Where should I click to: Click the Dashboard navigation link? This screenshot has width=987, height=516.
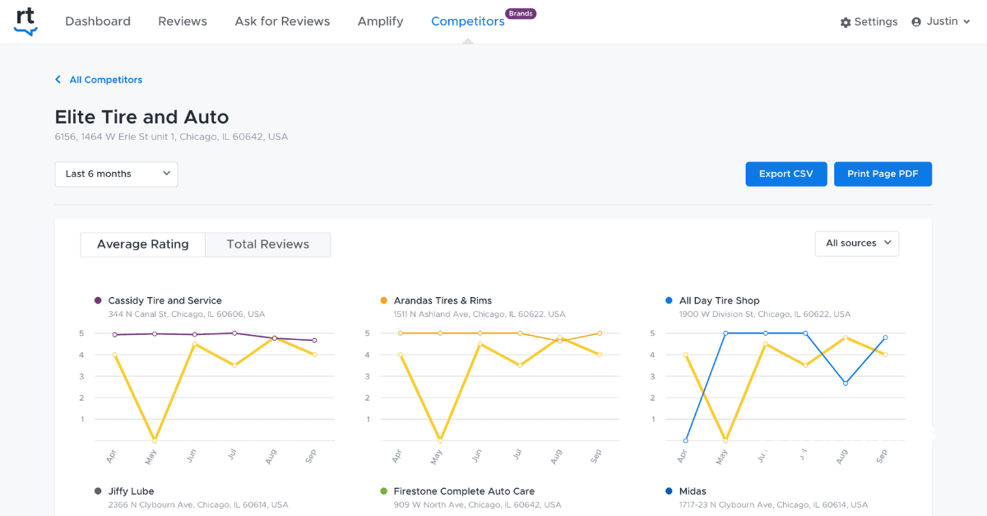(98, 21)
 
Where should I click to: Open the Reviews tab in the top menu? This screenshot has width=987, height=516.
(183, 21)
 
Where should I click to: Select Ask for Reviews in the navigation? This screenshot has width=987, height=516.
(282, 21)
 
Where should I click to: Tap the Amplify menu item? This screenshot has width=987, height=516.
(380, 21)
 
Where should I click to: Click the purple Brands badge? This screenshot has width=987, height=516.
(520, 13)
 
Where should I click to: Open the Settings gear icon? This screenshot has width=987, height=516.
(846, 22)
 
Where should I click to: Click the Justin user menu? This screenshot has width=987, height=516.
(941, 21)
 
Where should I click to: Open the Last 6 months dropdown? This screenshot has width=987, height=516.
(116, 174)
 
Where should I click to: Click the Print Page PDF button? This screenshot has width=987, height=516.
(883, 174)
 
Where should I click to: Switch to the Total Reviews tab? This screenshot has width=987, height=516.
(268, 244)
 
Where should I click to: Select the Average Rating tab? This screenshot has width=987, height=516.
(143, 244)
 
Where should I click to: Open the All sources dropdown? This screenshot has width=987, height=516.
(856, 244)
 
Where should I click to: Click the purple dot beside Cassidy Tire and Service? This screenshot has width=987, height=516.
(98, 300)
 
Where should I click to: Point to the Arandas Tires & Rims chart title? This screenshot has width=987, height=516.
(443, 300)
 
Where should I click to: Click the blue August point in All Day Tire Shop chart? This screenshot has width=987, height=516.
(846, 383)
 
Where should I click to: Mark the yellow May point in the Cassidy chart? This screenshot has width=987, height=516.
(155, 440)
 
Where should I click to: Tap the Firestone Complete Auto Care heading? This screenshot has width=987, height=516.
(464, 491)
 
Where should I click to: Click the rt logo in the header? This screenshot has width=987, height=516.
(25, 21)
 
